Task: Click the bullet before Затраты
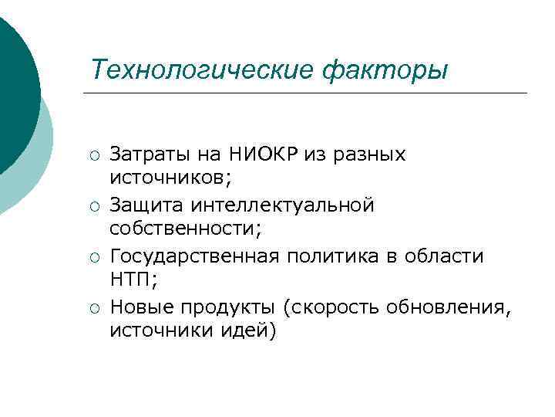(93, 154)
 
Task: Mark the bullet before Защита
(93, 206)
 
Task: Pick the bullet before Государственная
(93, 257)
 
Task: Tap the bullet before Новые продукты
(93, 308)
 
